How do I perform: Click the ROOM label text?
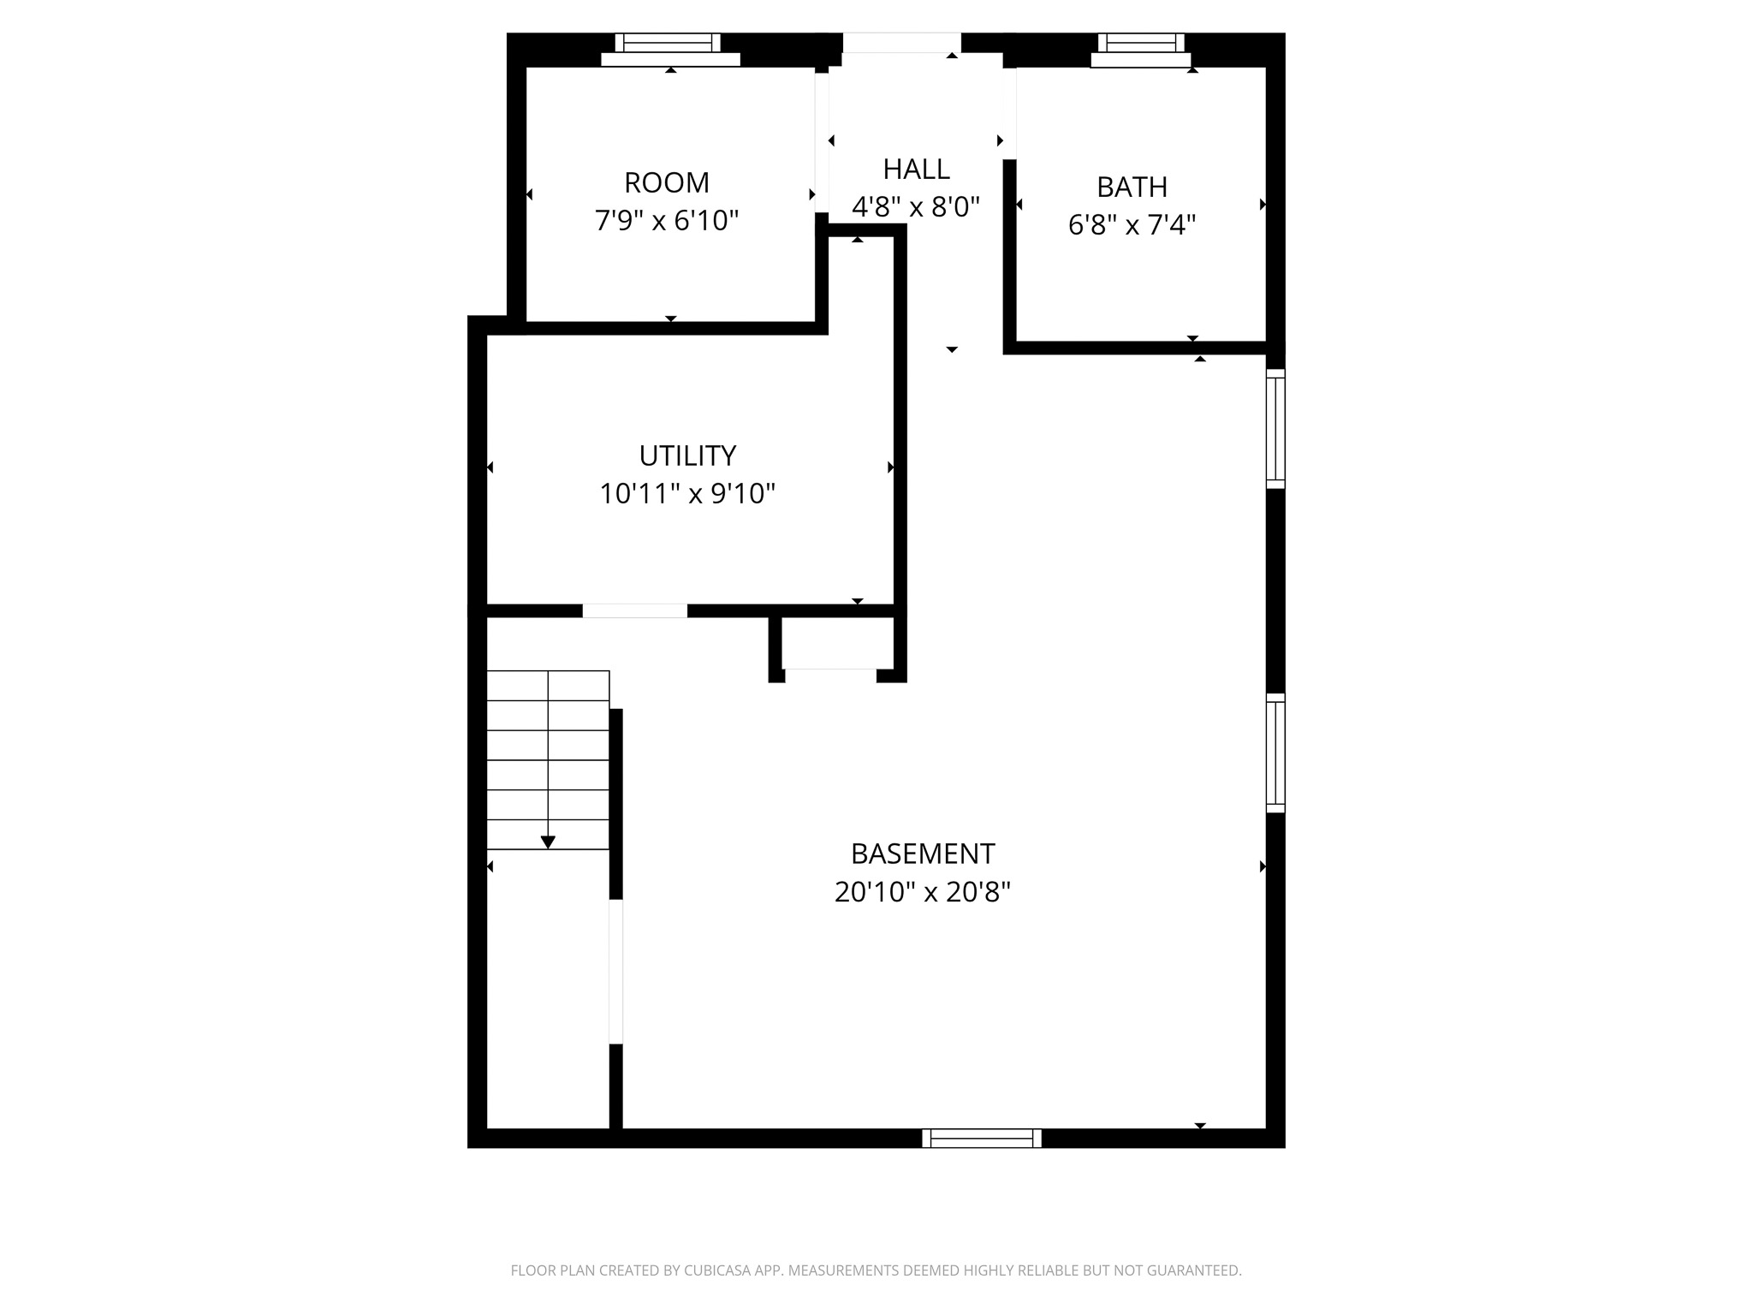pos(666,182)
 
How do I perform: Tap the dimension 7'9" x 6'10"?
pos(666,221)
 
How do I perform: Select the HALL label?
pos(916,169)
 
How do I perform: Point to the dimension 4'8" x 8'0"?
pos(916,206)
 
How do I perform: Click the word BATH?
pos(1132,187)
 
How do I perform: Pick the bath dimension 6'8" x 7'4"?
pos(1132,225)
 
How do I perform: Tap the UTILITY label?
pos(687,455)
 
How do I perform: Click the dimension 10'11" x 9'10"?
pos(687,494)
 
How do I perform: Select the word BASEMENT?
pos(922,854)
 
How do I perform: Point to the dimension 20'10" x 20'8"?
pos(922,892)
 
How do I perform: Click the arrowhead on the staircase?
pos(548,842)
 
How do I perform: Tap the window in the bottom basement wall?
pos(982,1138)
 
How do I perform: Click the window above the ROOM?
pos(668,43)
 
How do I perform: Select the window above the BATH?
pos(1141,43)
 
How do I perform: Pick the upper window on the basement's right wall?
pos(1275,428)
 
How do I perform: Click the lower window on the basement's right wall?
pos(1275,753)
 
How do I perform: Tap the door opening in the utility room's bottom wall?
pos(634,610)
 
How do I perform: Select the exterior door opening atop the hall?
pos(901,43)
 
